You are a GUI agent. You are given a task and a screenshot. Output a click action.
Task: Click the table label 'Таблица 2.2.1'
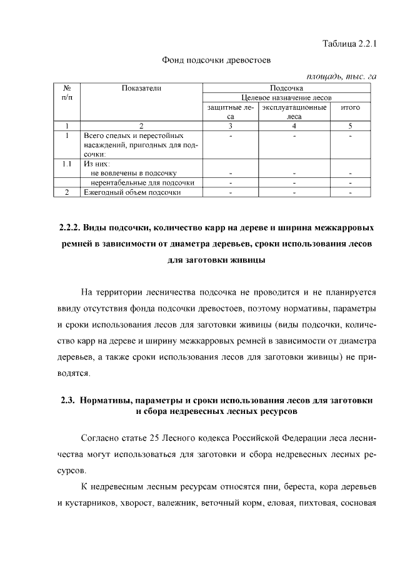pyautogui.click(x=350, y=44)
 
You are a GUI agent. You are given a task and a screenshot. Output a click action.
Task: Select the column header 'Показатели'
pyautogui.click(x=142, y=89)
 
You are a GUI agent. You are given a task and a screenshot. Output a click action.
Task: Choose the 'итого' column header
pyautogui.click(x=350, y=107)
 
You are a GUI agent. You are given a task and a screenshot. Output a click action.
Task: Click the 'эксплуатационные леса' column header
pyautogui.click(x=294, y=112)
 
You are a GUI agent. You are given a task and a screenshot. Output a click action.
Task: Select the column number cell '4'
pyautogui.click(x=294, y=125)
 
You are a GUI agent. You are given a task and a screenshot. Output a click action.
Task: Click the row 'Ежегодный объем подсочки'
pyautogui.click(x=132, y=192)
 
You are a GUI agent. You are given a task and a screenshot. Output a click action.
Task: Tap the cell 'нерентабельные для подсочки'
pyautogui.click(x=141, y=182)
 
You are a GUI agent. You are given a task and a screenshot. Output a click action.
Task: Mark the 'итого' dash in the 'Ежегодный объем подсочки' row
pyautogui.click(x=350, y=192)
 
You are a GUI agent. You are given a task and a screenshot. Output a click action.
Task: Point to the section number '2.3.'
pyautogui.click(x=68, y=401)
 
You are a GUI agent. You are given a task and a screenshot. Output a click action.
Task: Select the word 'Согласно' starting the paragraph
pyautogui.click(x=101, y=438)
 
